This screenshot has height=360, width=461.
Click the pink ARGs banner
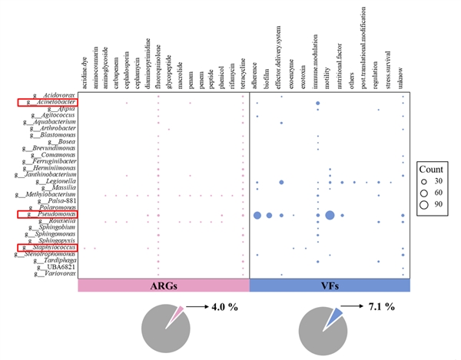click(x=164, y=286)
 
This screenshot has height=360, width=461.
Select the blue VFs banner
click(x=330, y=286)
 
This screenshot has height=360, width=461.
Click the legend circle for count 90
click(x=423, y=206)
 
